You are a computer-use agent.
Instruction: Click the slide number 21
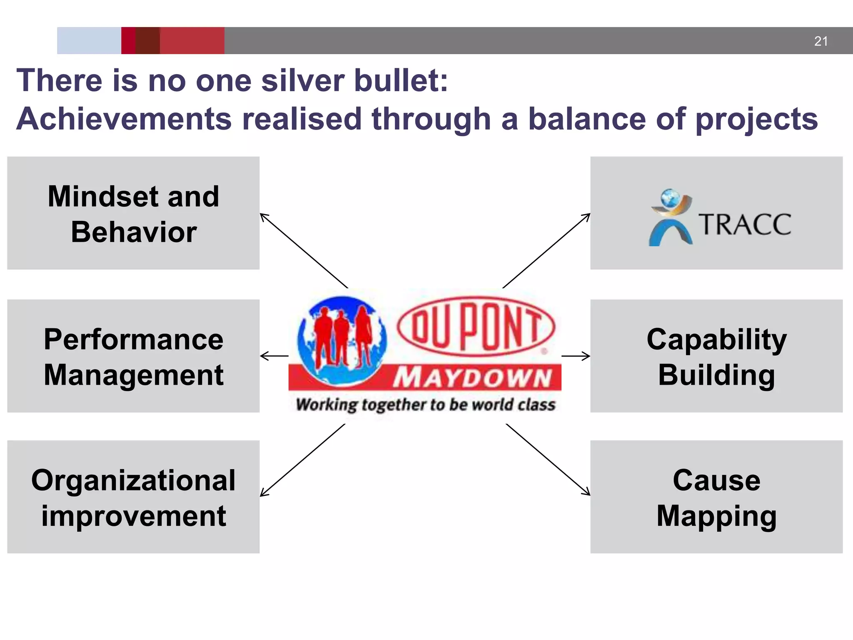tap(821, 41)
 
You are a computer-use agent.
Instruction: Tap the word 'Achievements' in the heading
tap(124, 119)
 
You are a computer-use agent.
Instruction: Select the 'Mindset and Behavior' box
tap(133, 213)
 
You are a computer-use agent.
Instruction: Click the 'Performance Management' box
tap(133, 356)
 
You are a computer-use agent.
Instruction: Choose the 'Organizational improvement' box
tap(133, 497)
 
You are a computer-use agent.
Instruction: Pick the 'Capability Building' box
tap(716, 356)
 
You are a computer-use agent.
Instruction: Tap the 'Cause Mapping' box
tap(716, 497)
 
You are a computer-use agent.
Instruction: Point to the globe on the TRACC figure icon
tap(670, 197)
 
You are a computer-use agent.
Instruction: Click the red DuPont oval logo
tap(476, 326)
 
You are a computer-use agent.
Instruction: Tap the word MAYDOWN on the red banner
tap(473, 378)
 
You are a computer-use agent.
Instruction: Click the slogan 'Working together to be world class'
tap(425, 405)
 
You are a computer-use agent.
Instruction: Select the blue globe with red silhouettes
tap(342, 340)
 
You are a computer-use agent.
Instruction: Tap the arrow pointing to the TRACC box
tap(546, 250)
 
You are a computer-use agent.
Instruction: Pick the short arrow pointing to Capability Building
tap(576, 356)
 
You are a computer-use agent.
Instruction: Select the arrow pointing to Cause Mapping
tap(548, 460)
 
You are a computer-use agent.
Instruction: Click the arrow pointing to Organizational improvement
tap(302, 460)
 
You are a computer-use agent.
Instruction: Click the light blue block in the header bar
tap(89, 40)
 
